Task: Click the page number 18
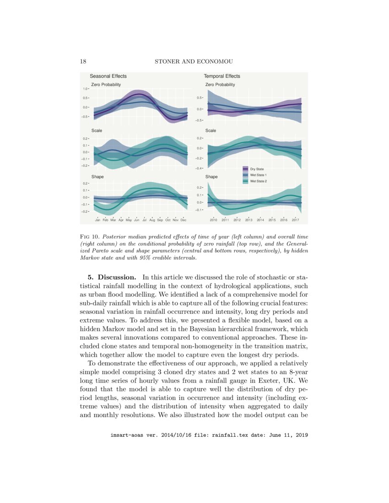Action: point(83,62)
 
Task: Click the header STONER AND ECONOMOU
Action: point(194,62)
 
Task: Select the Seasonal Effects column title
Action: point(108,76)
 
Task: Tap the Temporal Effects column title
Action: point(222,76)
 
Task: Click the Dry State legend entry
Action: point(257,169)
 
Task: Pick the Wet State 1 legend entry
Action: point(258,175)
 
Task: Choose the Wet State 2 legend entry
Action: point(258,181)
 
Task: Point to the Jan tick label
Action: point(97,220)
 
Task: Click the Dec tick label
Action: point(184,220)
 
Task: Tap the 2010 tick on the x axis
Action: point(213,220)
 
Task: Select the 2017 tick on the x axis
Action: point(295,220)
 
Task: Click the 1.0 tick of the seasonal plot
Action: point(86,89)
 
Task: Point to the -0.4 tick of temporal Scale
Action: point(199,168)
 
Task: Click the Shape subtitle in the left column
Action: point(97,177)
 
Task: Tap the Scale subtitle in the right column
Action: point(211,130)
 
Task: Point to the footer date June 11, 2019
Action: point(290,436)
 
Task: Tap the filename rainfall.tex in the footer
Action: point(232,436)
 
